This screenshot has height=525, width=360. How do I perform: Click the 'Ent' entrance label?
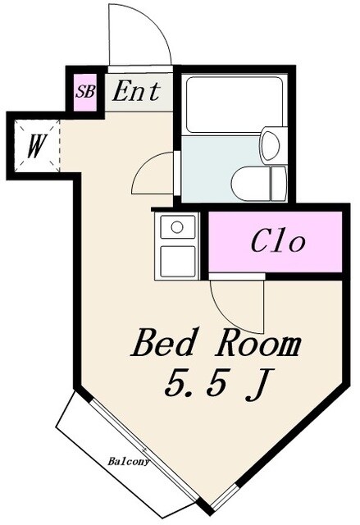click(x=136, y=90)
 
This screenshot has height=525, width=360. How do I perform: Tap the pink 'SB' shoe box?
click(x=84, y=92)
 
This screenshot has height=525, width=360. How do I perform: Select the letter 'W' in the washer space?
click(x=35, y=148)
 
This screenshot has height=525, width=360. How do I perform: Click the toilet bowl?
click(x=250, y=183)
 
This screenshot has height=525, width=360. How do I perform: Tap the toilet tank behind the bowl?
click(x=279, y=183)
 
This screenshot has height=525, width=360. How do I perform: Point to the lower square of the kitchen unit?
click(x=177, y=260)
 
